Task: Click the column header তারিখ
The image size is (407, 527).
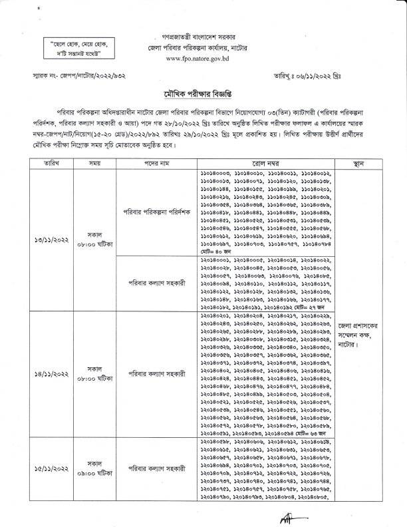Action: pyautogui.click(x=45, y=162)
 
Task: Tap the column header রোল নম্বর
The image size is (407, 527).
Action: pyautogui.click(x=265, y=162)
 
